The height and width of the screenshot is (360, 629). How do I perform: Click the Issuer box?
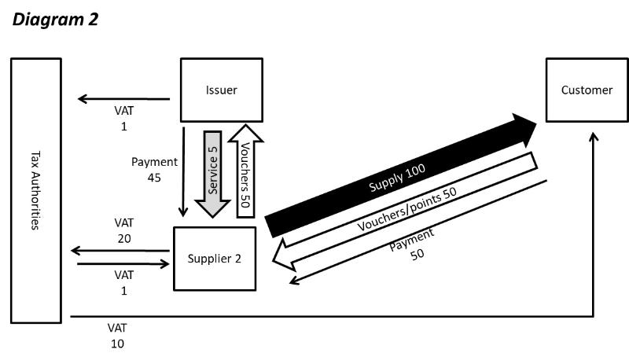coord(219,90)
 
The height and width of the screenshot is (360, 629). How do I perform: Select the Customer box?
coord(587,90)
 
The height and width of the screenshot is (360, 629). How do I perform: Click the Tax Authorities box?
coord(35,190)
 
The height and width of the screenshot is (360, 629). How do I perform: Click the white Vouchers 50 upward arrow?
coord(245,168)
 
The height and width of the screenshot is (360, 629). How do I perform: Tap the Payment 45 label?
coord(154,170)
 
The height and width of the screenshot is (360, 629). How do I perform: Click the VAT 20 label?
coord(123,230)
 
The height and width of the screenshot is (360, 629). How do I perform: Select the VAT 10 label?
coord(117,335)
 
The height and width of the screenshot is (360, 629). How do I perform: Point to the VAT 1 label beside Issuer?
coord(123,119)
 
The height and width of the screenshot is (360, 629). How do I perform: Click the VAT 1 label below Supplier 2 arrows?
coord(123,282)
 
